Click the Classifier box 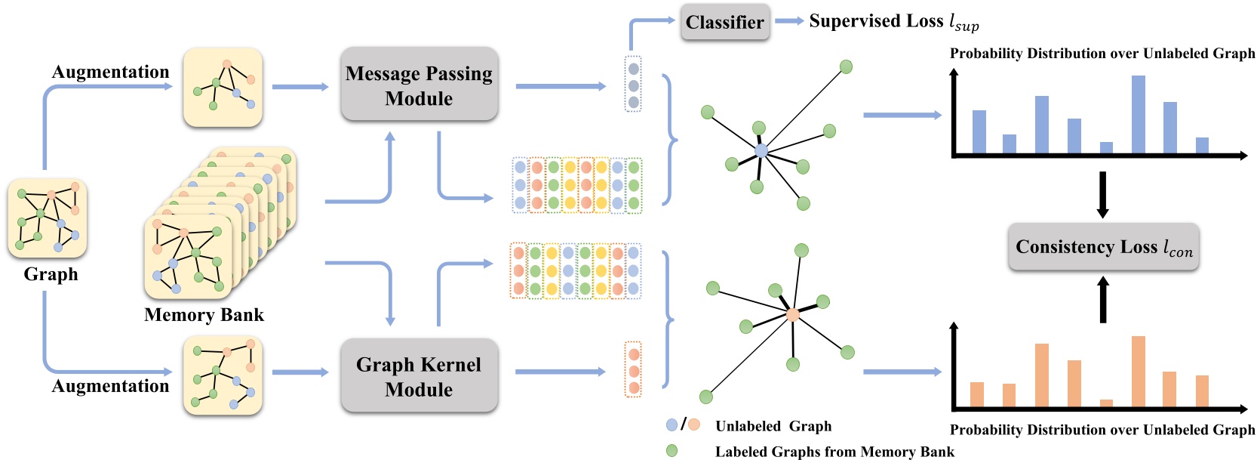click(x=725, y=23)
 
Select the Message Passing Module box click(x=420, y=85)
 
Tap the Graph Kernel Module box click(x=420, y=375)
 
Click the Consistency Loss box click(x=1103, y=246)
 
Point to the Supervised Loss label click(x=894, y=22)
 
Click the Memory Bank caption click(x=204, y=314)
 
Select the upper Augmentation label click(x=111, y=72)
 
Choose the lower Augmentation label click(x=111, y=386)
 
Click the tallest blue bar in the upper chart click(x=1139, y=115)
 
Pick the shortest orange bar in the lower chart click(x=1107, y=403)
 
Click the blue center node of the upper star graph click(x=761, y=150)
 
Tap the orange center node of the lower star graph click(x=792, y=314)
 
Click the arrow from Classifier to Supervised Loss click(x=789, y=21)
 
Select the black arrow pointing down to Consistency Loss click(x=1102, y=195)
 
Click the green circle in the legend click(x=672, y=450)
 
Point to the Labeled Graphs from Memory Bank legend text click(x=834, y=452)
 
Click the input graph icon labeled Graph click(x=47, y=218)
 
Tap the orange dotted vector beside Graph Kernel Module click(x=634, y=369)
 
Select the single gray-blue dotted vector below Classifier click(x=634, y=85)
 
